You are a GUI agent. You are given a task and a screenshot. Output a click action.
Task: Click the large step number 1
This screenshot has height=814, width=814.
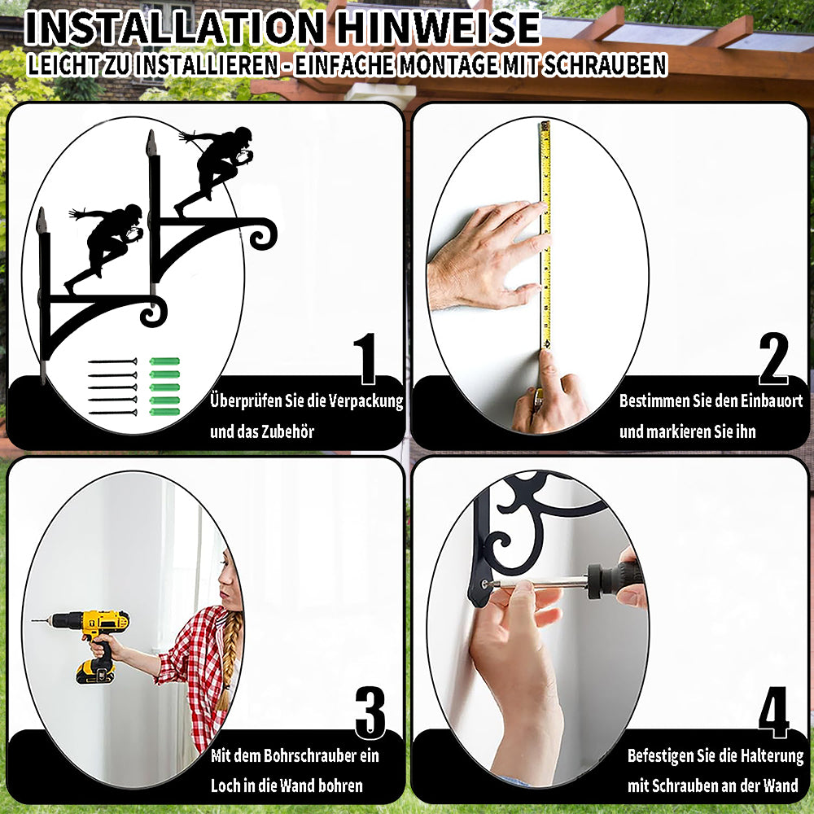[365, 358]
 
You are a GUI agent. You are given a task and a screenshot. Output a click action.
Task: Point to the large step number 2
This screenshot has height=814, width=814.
[773, 358]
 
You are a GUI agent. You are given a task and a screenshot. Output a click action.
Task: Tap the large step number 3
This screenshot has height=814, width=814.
[370, 712]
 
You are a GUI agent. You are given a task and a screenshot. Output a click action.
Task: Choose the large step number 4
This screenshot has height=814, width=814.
[773, 712]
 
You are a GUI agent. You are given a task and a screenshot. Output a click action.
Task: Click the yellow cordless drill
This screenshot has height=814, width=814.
[93, 641]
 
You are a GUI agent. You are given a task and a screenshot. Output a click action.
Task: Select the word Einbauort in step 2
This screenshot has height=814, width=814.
[772, 400]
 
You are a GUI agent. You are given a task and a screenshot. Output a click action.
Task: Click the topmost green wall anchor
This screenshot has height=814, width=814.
[164, 361]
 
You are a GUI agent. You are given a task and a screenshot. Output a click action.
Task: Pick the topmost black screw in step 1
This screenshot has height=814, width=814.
[112, 361]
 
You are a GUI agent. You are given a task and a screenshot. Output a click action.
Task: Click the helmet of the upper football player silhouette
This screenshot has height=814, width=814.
[243, 134]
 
